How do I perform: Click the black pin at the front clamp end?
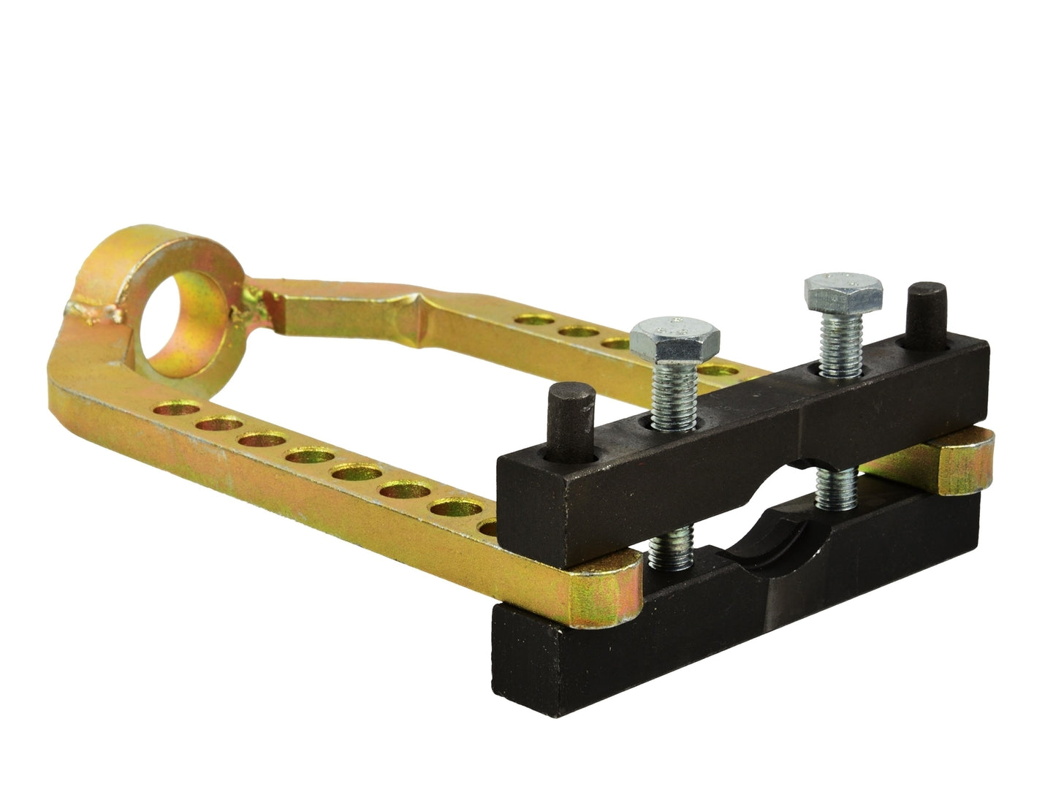coord(570,422)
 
